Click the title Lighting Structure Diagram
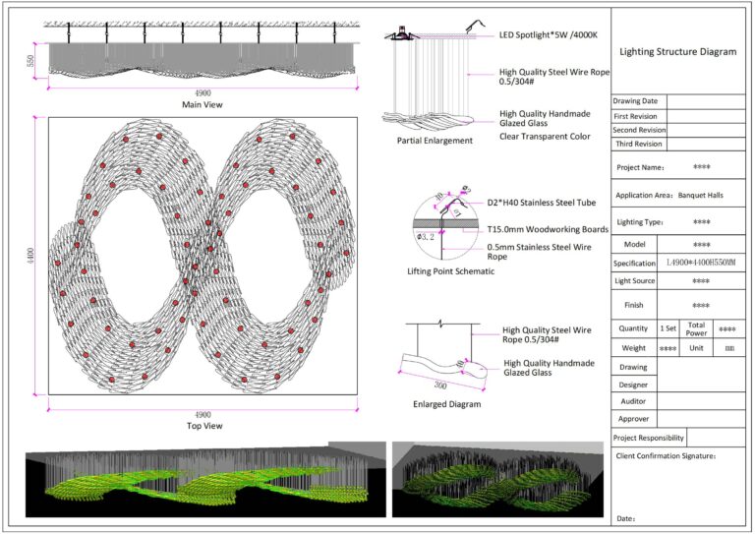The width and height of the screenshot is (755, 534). click(677, 51)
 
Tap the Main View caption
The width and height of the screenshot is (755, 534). click(203, 104)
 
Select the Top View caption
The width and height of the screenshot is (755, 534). click(204, 426)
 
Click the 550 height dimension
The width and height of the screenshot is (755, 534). click(30, 61)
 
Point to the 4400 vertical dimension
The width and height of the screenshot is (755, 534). click(30, 256)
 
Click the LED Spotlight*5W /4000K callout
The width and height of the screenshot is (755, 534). click(549, 34)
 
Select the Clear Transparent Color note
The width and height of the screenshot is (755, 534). click(545, 137)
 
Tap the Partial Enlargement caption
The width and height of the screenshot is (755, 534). click(435, 141)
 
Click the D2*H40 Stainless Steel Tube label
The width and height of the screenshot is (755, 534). click(542, 203)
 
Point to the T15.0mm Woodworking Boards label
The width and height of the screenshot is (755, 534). click(548, 229)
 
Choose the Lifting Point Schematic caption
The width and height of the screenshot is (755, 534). click(450, 271)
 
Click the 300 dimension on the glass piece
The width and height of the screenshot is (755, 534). click(440, 386)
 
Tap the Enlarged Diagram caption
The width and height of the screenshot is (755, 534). click(447, 404)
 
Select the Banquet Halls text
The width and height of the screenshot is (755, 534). click(701, 196)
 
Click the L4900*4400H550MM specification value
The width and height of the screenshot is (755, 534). click(701, 263)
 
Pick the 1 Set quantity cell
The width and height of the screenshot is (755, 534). click(668, 328)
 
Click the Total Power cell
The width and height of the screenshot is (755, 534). click(696, 328)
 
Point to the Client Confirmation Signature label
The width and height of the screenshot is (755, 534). click(666, 456)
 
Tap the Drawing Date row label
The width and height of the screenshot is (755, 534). click(635, 101)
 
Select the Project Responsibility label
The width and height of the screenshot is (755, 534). click(648, 438)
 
